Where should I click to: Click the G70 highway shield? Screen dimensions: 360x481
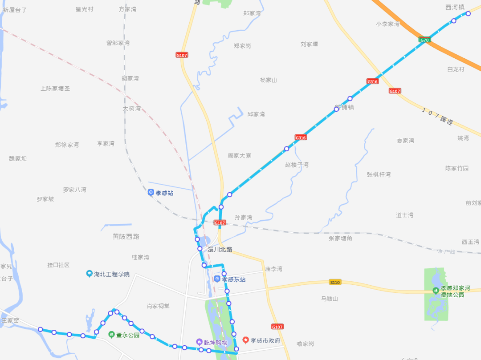pyautogui.click(x=424, y=40)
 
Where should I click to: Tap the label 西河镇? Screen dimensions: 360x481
pyautogui.click(x=455, y=7)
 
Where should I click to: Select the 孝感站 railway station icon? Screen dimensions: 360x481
pyautogui.click(x=151, y=193)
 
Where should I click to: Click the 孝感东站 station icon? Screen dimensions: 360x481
pyautogui.click(x=217, y=279)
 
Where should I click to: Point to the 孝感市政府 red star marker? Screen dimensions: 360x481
pyautogui.click(x=245, y=340)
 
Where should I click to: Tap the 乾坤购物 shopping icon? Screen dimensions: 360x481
pyautogui.click(x=200, y=342)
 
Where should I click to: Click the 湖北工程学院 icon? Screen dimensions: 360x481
pyautogui.click(x=90, y=274)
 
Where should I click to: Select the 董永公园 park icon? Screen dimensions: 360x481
pyautogui.click(x=111, y=335)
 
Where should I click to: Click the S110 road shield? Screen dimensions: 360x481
pyautogui.click(x=335, y=282)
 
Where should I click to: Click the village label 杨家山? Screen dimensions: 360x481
pyautogui.click(x=269, y=80)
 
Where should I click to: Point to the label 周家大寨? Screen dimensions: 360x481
pyautogui.click(x=240, y=156)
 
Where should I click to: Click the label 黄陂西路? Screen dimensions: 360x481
pyautogui.click(x=126, y=236)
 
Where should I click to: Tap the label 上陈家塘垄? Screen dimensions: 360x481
pyautogui.click(x=55, y=89)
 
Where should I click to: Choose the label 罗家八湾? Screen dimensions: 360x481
pyautogui.click(x=74, y=190)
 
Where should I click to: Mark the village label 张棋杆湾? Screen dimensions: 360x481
pyautogui.click(x=379, y=174)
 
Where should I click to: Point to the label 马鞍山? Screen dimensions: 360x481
pyautogui.click(x=330, y=299)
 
